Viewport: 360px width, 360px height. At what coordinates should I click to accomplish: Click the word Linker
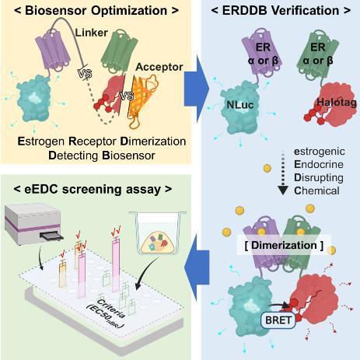click(92, 33)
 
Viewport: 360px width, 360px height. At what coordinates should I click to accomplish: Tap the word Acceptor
click(159, 67)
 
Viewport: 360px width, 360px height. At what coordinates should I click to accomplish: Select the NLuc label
click(240, 105)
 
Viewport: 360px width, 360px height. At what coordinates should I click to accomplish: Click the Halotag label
click(337, 103)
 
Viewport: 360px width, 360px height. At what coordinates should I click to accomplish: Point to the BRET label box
click(278, 320)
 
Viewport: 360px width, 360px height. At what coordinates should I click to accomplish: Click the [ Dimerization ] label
click(284, 245)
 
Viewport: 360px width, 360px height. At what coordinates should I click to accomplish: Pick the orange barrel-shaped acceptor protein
click(143, 101)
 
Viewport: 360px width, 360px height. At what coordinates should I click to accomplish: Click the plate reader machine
click(33, 224)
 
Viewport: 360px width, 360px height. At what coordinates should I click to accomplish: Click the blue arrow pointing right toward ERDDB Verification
click(197, 89)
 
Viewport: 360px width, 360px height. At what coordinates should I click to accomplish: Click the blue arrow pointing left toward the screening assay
click(197, 267)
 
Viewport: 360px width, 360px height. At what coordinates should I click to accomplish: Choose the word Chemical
click(316, 191)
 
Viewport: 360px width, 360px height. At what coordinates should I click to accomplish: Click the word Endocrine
click(319, 164)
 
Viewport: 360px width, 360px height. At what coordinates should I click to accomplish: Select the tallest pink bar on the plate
click(116, 264)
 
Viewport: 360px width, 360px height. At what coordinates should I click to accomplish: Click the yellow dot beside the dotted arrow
click(267, 168)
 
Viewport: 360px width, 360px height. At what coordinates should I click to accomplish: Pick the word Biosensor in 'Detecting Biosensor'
click(128, 156)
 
